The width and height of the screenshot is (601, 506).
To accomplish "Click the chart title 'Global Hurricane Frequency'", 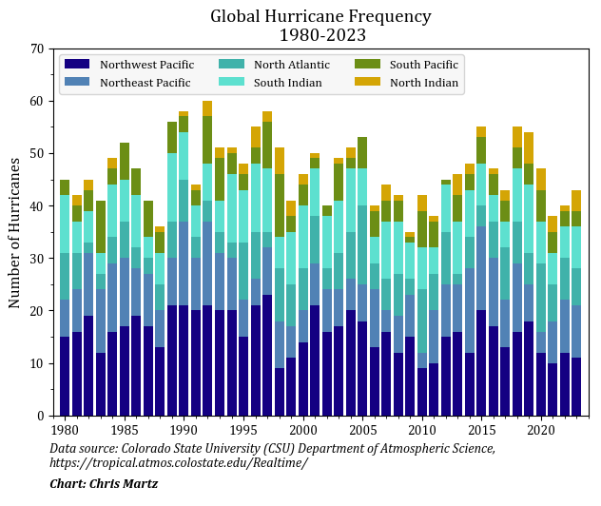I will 320,16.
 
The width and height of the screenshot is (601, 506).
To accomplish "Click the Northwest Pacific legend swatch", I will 77,65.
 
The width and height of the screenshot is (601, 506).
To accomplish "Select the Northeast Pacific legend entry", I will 145,83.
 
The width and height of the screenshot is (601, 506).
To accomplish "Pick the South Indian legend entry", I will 287,83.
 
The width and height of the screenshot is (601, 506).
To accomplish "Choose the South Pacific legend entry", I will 423,65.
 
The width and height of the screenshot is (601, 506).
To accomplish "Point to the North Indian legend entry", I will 423,83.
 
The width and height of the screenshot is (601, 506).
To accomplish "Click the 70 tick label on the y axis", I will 36,49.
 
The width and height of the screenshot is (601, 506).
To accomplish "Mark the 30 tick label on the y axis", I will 36,259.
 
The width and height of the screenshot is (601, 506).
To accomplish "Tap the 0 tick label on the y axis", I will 40,416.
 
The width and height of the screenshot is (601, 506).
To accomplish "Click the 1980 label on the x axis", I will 65,430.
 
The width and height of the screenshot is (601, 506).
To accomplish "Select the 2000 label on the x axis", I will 302,430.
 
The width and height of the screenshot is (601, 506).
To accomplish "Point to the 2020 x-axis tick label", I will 540,430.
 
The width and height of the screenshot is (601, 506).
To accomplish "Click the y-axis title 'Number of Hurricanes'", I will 15,233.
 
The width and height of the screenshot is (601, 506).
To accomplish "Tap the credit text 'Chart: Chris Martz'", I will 104,484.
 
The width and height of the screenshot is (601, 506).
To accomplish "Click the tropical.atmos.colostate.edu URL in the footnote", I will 178,463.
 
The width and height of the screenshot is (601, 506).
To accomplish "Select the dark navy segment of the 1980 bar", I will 65,376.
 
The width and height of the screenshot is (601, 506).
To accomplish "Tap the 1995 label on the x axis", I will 243,430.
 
